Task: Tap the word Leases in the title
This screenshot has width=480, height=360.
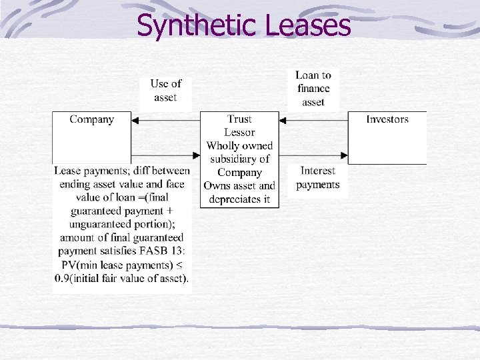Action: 307,26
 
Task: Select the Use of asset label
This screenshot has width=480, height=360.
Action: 165,91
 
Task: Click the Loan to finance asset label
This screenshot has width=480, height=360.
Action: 313,88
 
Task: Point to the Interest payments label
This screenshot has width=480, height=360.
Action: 318,178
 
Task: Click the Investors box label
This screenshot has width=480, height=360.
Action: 387,119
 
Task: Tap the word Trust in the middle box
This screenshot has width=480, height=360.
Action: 239,119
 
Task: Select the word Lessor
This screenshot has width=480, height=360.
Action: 239,133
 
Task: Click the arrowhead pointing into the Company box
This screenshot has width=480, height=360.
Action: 135,121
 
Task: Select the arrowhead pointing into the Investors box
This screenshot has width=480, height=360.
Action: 344,155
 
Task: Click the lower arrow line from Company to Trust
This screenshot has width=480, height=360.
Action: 167,155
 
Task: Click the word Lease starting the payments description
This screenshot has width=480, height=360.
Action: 68,171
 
